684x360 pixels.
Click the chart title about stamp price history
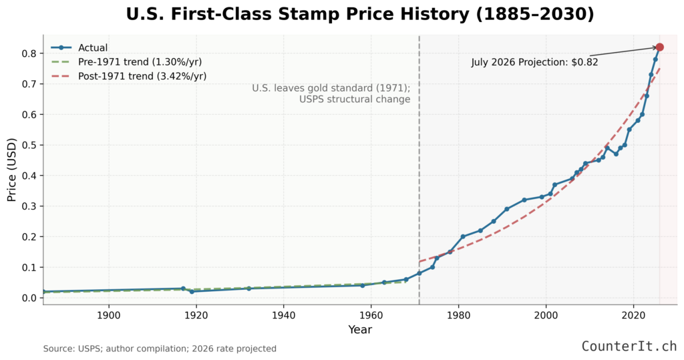pos(360,14)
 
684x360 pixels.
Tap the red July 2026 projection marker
pos(659,47)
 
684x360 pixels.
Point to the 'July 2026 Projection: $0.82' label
pos(534,62)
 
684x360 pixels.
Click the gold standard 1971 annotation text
pos(331,94)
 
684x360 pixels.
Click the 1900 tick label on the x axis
pos(108,315)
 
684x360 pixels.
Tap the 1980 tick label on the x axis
pos(458,315)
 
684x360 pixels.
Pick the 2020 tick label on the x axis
pos(633,315)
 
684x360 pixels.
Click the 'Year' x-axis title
pos(360,329)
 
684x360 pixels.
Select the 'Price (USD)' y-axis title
pos(11,168)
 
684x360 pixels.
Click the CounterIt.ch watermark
pos(629,346)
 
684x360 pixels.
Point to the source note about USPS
pos(160,349)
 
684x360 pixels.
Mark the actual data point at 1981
pos(463,236)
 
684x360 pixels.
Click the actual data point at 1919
pos(192,291)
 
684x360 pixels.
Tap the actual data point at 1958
pos(362,285)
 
